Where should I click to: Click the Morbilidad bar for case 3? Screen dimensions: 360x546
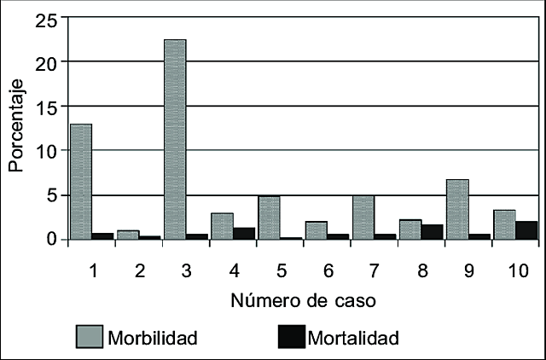pyautogui.click(x=175, y=140)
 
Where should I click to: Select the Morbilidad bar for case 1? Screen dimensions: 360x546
pyautogui.click(x=81, y=182)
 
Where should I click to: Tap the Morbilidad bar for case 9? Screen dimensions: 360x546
pyautogui.click(x=457, y=210)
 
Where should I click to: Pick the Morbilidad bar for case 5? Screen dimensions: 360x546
pyautogui.click(x=269, y=218)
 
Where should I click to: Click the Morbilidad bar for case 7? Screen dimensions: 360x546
pyautogui.click(x=363, y=218)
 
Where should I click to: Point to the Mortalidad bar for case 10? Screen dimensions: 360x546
pyautogui.click(x=526, y=230)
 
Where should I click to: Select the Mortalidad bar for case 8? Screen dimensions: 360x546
pyautogui.click(x=432, y=232)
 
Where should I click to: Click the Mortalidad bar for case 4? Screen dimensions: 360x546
pyautogui.click(x=243, y=234)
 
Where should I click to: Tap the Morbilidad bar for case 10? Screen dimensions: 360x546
pyautogui.click(x=503, y=224)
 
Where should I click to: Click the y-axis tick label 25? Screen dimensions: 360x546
pyautogui.click(x=46, y=20)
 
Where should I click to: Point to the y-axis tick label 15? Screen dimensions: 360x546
pyautogui.click(x=46, y=107)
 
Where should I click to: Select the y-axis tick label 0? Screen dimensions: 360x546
pyautogui.click(x=52, y=240)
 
